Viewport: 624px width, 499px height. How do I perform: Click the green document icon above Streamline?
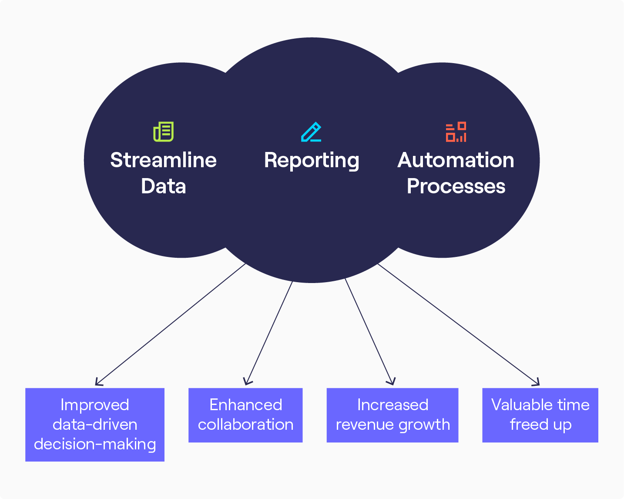click(163, 131)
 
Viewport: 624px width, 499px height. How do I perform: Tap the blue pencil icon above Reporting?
click(311, 131)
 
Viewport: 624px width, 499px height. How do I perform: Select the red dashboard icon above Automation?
click(456, 131)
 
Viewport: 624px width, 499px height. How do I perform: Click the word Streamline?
click(163, 160)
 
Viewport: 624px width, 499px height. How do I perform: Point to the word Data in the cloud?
click(163, 186)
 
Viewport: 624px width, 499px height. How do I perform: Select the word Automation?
click(456, 160)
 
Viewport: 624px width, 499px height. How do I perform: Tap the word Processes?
click(456, 186)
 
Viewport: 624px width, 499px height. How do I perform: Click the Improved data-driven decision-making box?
click(95, 425)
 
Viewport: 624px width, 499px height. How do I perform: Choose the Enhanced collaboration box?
click(245, 415)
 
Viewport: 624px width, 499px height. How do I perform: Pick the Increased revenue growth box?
click(393, 415)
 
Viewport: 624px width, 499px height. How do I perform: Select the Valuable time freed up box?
click(540, 415)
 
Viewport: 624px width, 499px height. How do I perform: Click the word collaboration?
click(245, 425)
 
